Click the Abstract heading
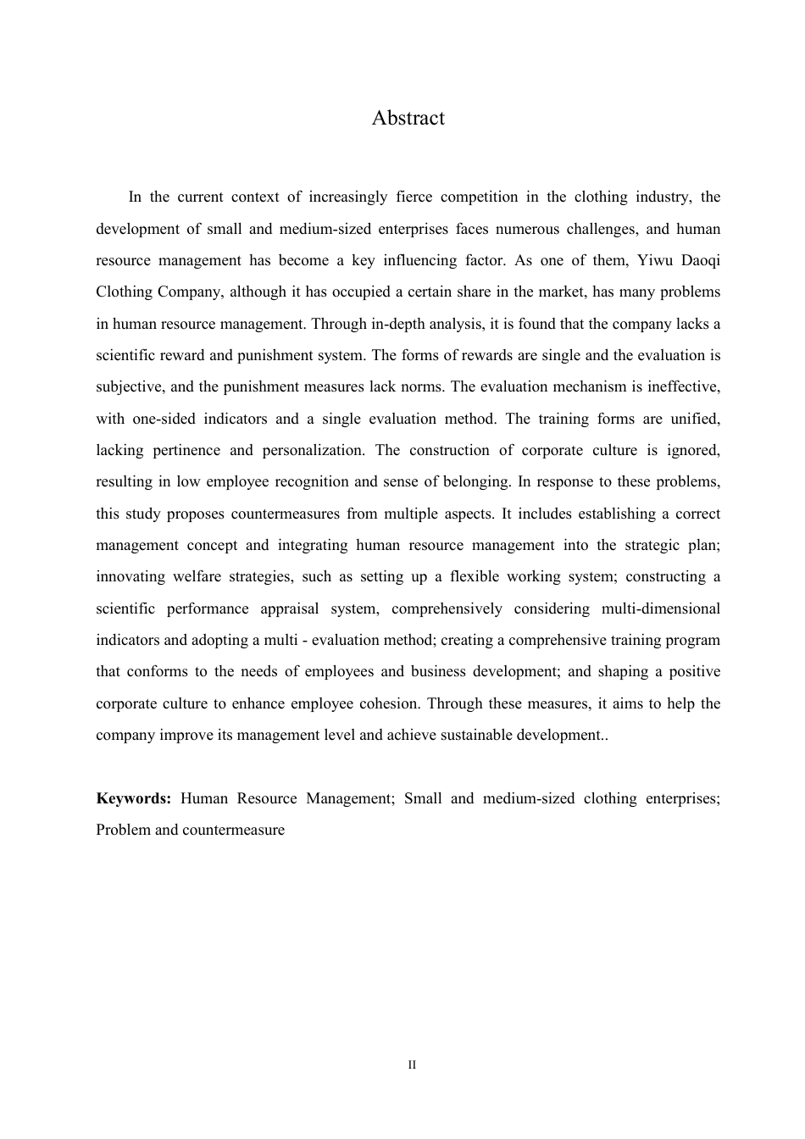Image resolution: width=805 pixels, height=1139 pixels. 408,118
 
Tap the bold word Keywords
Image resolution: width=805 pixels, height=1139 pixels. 133,798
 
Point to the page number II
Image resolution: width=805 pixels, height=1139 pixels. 412,1064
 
